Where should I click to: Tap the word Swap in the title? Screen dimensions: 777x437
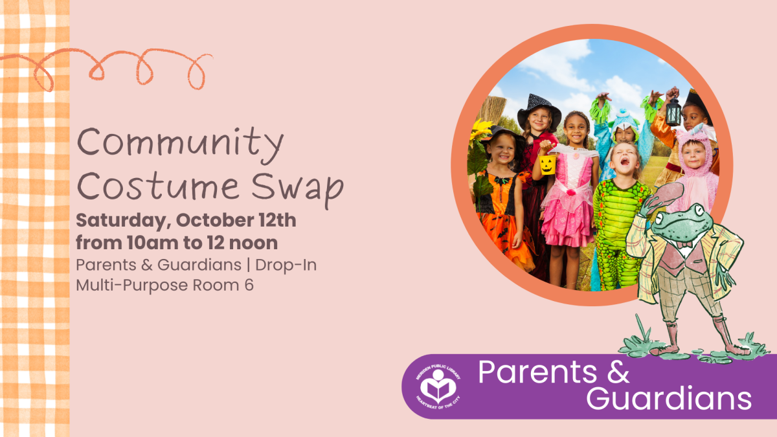(x=297, y=189)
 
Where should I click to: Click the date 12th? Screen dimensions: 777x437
(x=277, y=220)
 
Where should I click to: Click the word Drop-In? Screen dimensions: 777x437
(x=286, y=265)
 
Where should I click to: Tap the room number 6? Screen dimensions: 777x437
(x=249, y=285)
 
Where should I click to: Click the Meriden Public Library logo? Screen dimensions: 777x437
(x=438, y=387)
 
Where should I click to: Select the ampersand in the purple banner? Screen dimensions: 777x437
(x=618, y=372)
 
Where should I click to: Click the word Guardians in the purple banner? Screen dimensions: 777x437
(x=669, y=399)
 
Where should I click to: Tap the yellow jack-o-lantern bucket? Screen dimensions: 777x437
(x=548, y=164)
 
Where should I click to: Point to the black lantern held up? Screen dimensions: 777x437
(x=673, y=111)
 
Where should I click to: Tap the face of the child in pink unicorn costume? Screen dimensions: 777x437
(x=694, y=155)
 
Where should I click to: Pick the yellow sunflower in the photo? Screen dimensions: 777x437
(x=480, y=129)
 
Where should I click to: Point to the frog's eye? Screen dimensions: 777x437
(x=697, y=210)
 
